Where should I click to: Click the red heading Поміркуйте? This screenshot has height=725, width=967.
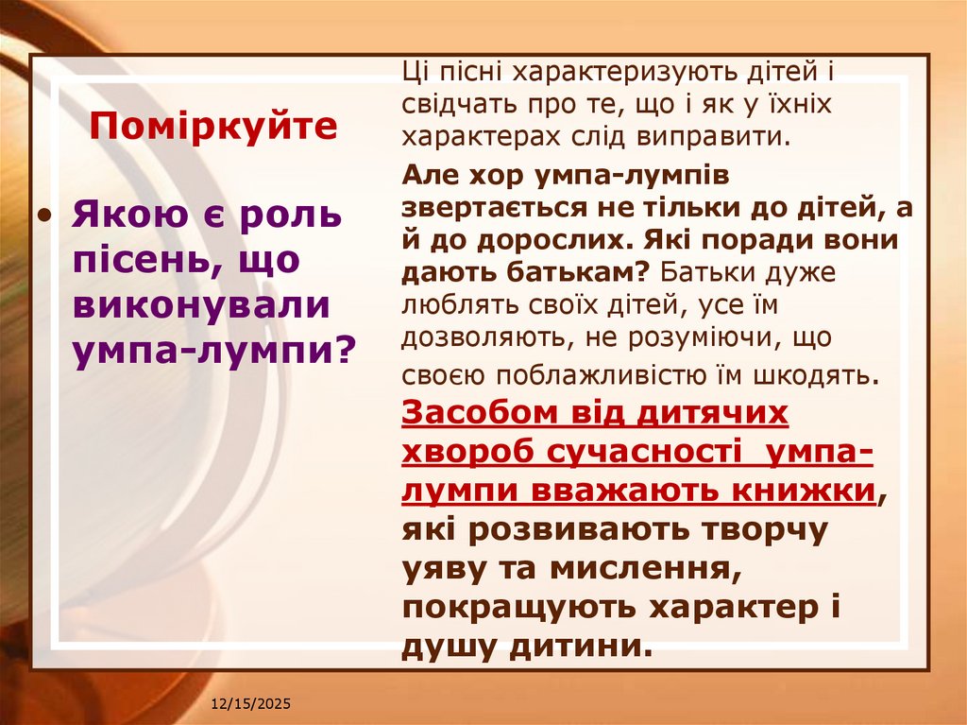(x=213, y=127)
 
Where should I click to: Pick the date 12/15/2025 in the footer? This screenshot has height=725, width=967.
(x=250, y=705)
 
